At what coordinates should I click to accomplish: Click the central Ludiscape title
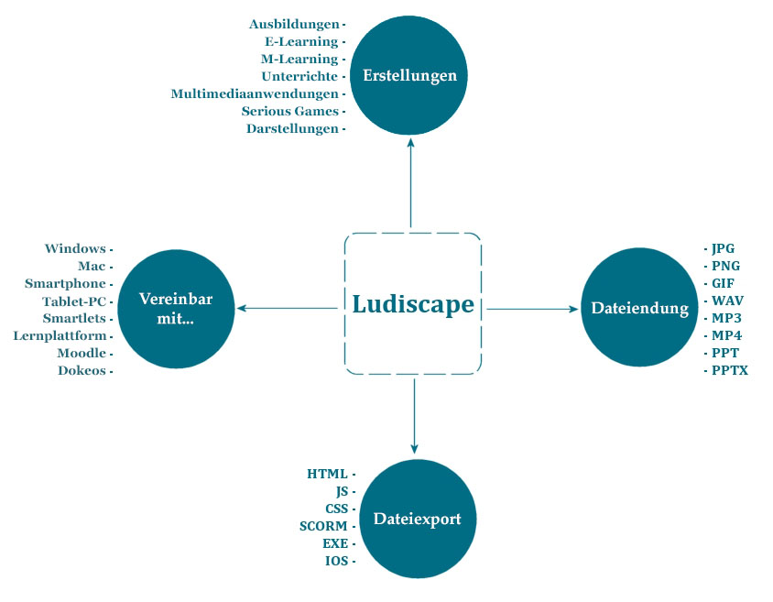(413, 304)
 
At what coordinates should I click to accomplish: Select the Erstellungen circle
(408, 75)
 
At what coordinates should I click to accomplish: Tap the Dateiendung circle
(640, 308)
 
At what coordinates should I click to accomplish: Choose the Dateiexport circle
(418, 520)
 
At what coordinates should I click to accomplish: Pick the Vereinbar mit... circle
(176, 309)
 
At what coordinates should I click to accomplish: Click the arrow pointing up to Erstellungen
(410, 183)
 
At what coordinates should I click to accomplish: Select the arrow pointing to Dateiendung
(532, 309)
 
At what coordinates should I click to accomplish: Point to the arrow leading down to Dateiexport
(414, 416)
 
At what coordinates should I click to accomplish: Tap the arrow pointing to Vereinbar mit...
(288, 309)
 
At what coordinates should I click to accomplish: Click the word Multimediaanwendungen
(255, 93)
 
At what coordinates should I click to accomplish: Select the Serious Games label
(289, 112)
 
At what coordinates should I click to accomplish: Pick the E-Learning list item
(301, 42)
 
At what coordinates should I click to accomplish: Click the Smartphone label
(65, 284)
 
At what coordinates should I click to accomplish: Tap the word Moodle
(82, 353)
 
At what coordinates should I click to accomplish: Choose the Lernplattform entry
(60, 335)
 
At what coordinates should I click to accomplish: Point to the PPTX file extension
(730, 370)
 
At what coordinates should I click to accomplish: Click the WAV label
(727, 301)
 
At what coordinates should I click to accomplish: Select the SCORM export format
(323, 527)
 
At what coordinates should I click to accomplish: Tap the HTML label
(327, 475)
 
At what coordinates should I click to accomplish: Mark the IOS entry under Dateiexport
(337, 561)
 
